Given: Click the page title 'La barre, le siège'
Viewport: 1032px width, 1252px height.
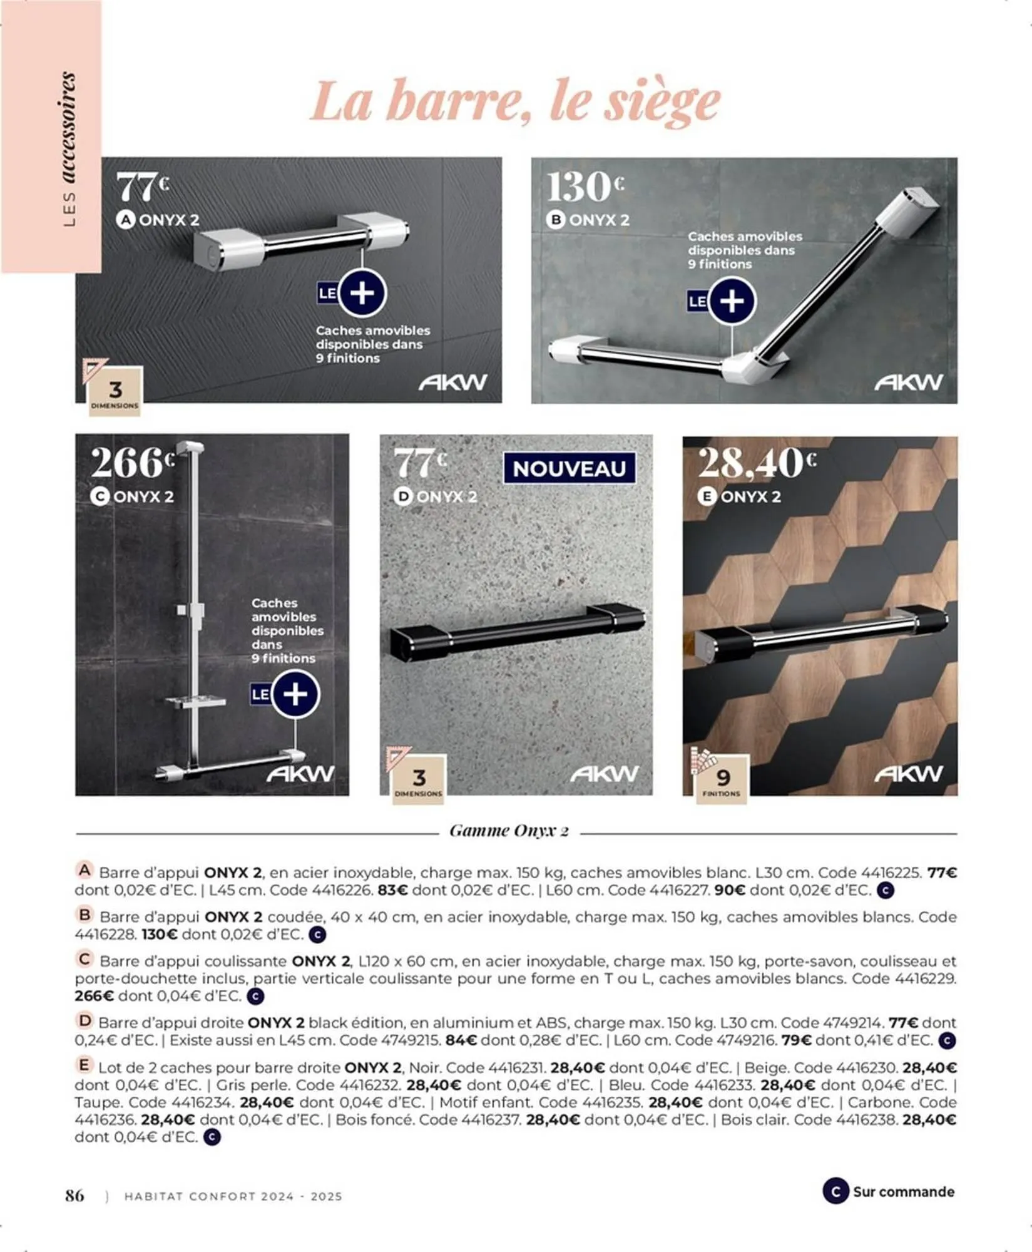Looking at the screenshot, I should (515, 102).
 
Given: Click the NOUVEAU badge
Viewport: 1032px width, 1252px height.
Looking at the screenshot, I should (569, 469).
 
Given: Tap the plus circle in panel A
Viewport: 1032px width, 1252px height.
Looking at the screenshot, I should (362, 293).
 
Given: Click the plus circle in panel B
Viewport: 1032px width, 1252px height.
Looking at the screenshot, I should (732, 301).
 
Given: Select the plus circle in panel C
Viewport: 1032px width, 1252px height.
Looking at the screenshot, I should (295, 694).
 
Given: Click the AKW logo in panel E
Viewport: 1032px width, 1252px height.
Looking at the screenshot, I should (908, 774).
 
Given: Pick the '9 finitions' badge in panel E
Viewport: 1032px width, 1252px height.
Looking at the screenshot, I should (722, 779).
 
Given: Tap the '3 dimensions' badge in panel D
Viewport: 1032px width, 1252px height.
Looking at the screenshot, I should (419, 780).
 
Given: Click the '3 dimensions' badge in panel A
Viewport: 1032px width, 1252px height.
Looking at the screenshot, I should (115, 392).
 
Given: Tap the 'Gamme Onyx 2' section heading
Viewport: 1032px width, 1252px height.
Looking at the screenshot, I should (509, 831).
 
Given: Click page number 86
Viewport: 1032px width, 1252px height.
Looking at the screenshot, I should (74, 1195).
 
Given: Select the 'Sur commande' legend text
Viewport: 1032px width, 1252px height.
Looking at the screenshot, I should (903, 1191).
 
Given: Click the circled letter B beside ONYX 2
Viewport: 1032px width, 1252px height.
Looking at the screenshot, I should (555, 220).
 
